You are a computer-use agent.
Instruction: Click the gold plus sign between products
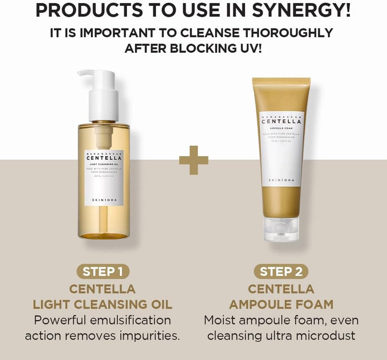(x=193, y=160)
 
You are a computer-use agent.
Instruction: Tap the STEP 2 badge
(x=284, y=271)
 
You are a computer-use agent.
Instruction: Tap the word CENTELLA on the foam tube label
(x=281, y=122)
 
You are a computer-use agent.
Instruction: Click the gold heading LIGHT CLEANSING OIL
(x=103, y=304)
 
